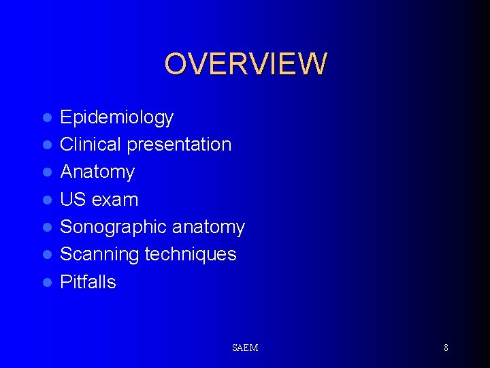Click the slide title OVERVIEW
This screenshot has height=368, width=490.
(245, 63)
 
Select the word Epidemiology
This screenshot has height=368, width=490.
(116, 118)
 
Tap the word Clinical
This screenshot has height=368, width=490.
(84, 144)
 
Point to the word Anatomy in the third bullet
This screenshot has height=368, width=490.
(97, 172)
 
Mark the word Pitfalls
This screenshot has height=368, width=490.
(88, 281)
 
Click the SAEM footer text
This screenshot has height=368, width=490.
(245, 348)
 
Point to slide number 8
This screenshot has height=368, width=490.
(446, 348)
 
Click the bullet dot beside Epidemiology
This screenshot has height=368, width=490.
(47, 118)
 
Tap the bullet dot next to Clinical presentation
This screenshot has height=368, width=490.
(47, 145)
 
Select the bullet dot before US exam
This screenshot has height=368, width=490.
(47, 200)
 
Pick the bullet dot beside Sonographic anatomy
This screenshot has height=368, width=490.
(47, 228)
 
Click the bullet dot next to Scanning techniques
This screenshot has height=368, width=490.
(47, 255)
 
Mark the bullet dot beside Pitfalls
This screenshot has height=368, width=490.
(47, 282)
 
